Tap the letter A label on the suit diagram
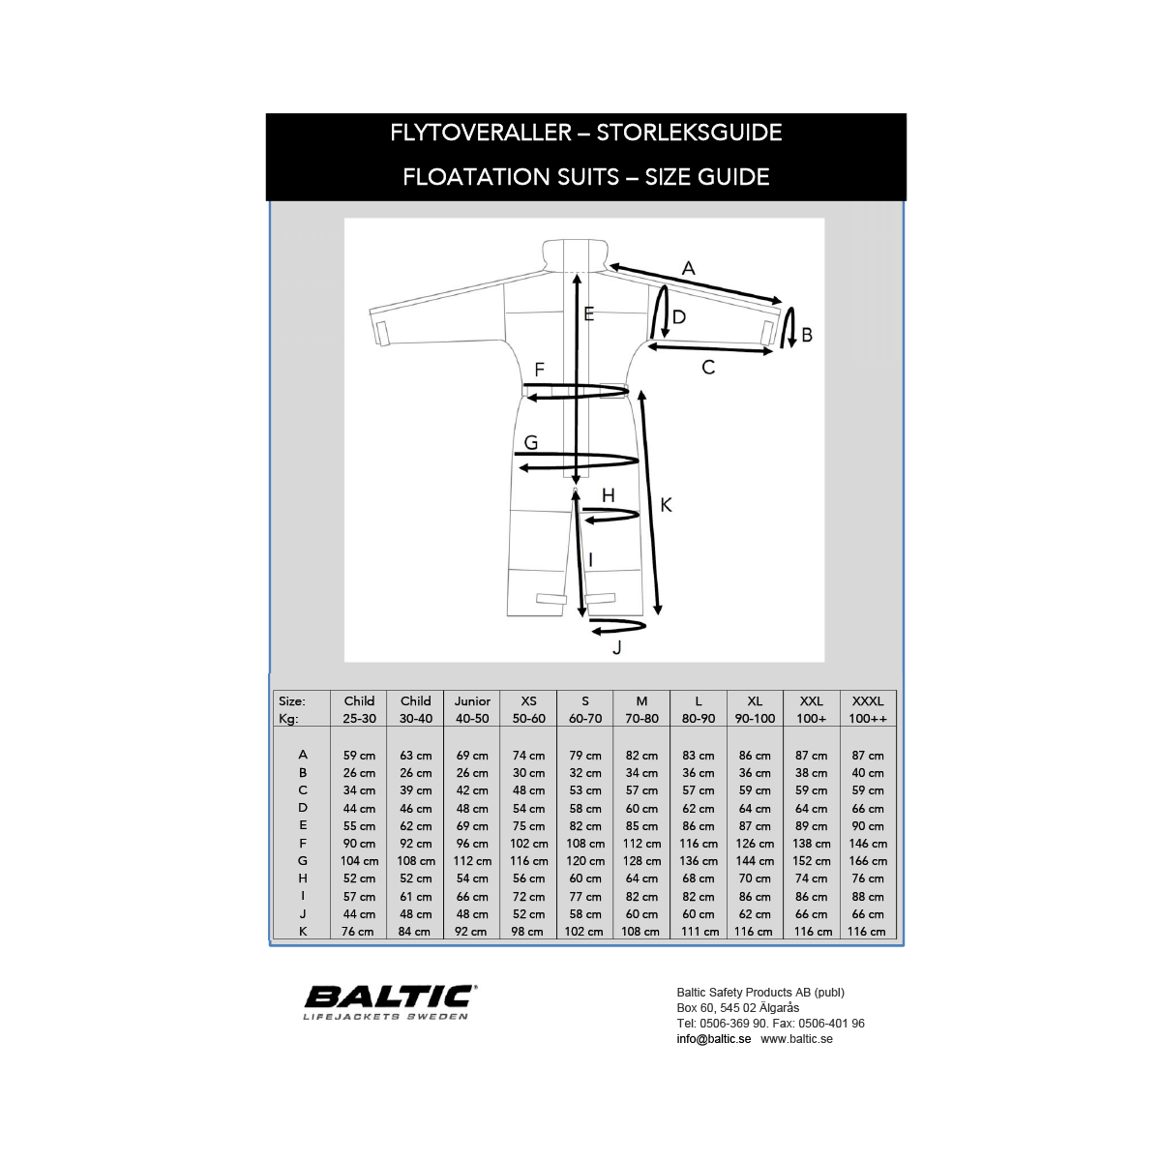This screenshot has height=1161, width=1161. [688, 268]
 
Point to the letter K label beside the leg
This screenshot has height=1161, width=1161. [666, 505]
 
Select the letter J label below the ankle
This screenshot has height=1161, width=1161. [617, 647]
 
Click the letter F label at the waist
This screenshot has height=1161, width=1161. [540, 370]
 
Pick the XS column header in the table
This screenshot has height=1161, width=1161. [528, 700]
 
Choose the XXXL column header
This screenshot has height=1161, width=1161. [868, 700]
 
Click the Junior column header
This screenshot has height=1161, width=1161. [472, 700]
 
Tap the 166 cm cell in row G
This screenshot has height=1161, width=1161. [868, 861]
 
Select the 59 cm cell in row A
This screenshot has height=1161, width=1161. [359, 756]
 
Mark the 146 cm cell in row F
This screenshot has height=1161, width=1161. [868, 844]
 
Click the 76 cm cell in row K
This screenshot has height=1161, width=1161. [358, 932]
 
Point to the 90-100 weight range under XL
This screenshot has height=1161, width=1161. [755, 719]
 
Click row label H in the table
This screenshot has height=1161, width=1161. [303, 878]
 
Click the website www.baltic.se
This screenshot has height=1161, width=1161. [796, 1039]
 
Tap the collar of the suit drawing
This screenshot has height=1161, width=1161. [575, 253]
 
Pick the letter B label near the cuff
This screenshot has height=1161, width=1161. [807, 335]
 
